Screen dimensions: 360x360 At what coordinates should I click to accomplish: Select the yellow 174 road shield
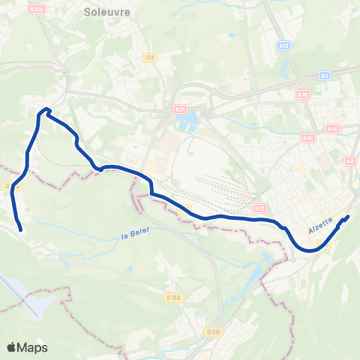point(150,57)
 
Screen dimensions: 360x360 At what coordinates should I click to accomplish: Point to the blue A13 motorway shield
point(283,46)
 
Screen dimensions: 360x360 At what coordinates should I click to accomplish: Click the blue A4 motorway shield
point(324,75)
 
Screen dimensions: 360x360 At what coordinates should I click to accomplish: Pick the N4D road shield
point(302,94)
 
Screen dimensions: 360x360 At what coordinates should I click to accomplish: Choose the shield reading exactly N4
point(350,160)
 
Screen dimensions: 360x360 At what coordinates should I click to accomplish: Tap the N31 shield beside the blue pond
point(180,109)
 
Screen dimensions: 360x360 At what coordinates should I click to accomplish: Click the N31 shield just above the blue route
point(259,208)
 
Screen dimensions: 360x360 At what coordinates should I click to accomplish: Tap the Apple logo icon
point(11,347)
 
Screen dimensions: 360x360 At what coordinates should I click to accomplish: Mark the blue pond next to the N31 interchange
point(193,118)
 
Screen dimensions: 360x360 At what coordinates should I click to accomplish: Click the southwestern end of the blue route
point(20,229)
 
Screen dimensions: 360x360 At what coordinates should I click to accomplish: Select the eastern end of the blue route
point(349,217)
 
